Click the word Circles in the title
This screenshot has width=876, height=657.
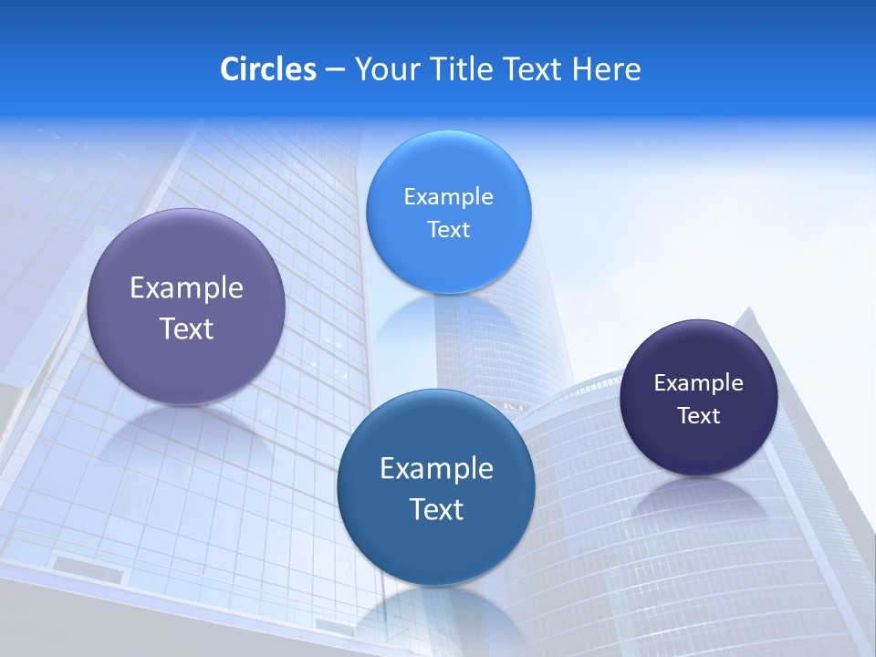pos(268,69)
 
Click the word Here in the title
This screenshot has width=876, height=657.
pos(606,69)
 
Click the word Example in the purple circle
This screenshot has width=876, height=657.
pos(186,288)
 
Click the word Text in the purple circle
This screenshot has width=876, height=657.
pos(186,328)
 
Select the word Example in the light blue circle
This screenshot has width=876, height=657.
pos(448,197)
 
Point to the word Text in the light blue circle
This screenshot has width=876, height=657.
pos(448,230)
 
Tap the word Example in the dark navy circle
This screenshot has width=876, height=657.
pos(699,383)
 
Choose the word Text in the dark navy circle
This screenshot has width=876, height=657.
pos(699,416)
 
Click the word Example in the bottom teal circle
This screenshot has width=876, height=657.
pos(436,469)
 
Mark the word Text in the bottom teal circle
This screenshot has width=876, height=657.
pos(436,509)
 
